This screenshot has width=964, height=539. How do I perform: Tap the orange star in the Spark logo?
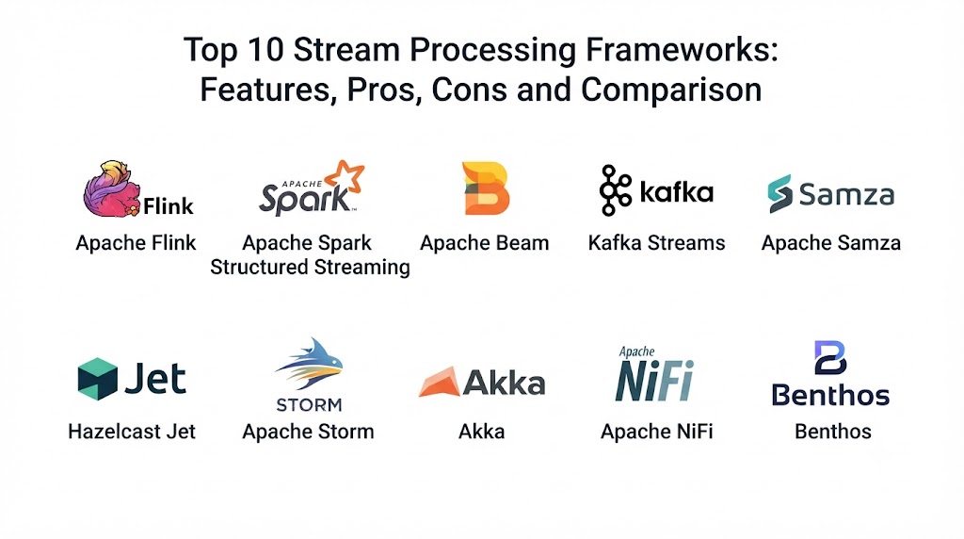pyautogui.click(x=345, y=176)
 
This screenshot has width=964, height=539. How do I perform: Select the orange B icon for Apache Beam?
pyautogui.click(x=485, y=188)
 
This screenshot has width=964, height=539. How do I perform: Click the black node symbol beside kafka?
pyautogui.click(x=616, y=190)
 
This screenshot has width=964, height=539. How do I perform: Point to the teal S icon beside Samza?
pyautogui.click(x=779, y=193)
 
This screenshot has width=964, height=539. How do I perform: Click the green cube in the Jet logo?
pyautogui.click(x=97, y=379)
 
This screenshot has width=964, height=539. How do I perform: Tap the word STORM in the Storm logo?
pyautogui.click(x=309, y=405)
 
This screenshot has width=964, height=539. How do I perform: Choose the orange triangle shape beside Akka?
pyautogui.click(x=440, y=382)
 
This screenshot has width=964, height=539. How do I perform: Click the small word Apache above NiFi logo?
pyautogui.click(x=637, y=351)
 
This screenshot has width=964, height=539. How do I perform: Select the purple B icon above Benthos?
pyautogui.click(x=830, y=357)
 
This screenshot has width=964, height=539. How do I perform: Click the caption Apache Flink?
pyautogui.click(x=136, y=243)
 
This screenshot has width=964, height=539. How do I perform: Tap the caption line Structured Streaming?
pyautogui.click(x=310, y=267)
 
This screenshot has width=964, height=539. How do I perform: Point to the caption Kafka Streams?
pyautogui.click(x=656, y=243)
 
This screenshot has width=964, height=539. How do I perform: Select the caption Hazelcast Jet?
pyautogui.click(x=132, y=432)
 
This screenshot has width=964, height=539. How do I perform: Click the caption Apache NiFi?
pyautogui.click(x=656, y=432)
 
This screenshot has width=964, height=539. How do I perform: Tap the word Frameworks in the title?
pyautogui.click(x=682, y=49)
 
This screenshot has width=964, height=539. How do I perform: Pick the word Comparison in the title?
pyautogui.click(x=671, y=90)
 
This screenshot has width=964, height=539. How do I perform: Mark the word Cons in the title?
pyautogui.click(x=469, y=90)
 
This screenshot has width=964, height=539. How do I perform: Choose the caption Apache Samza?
pyautogui.click(x=831, y=243)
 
